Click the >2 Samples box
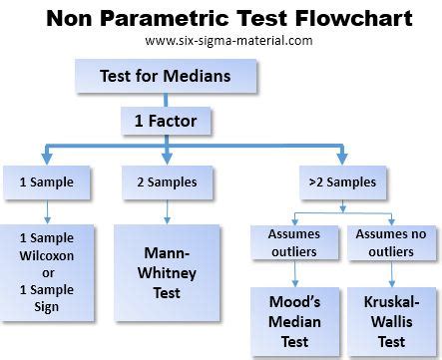pos(342,181)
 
